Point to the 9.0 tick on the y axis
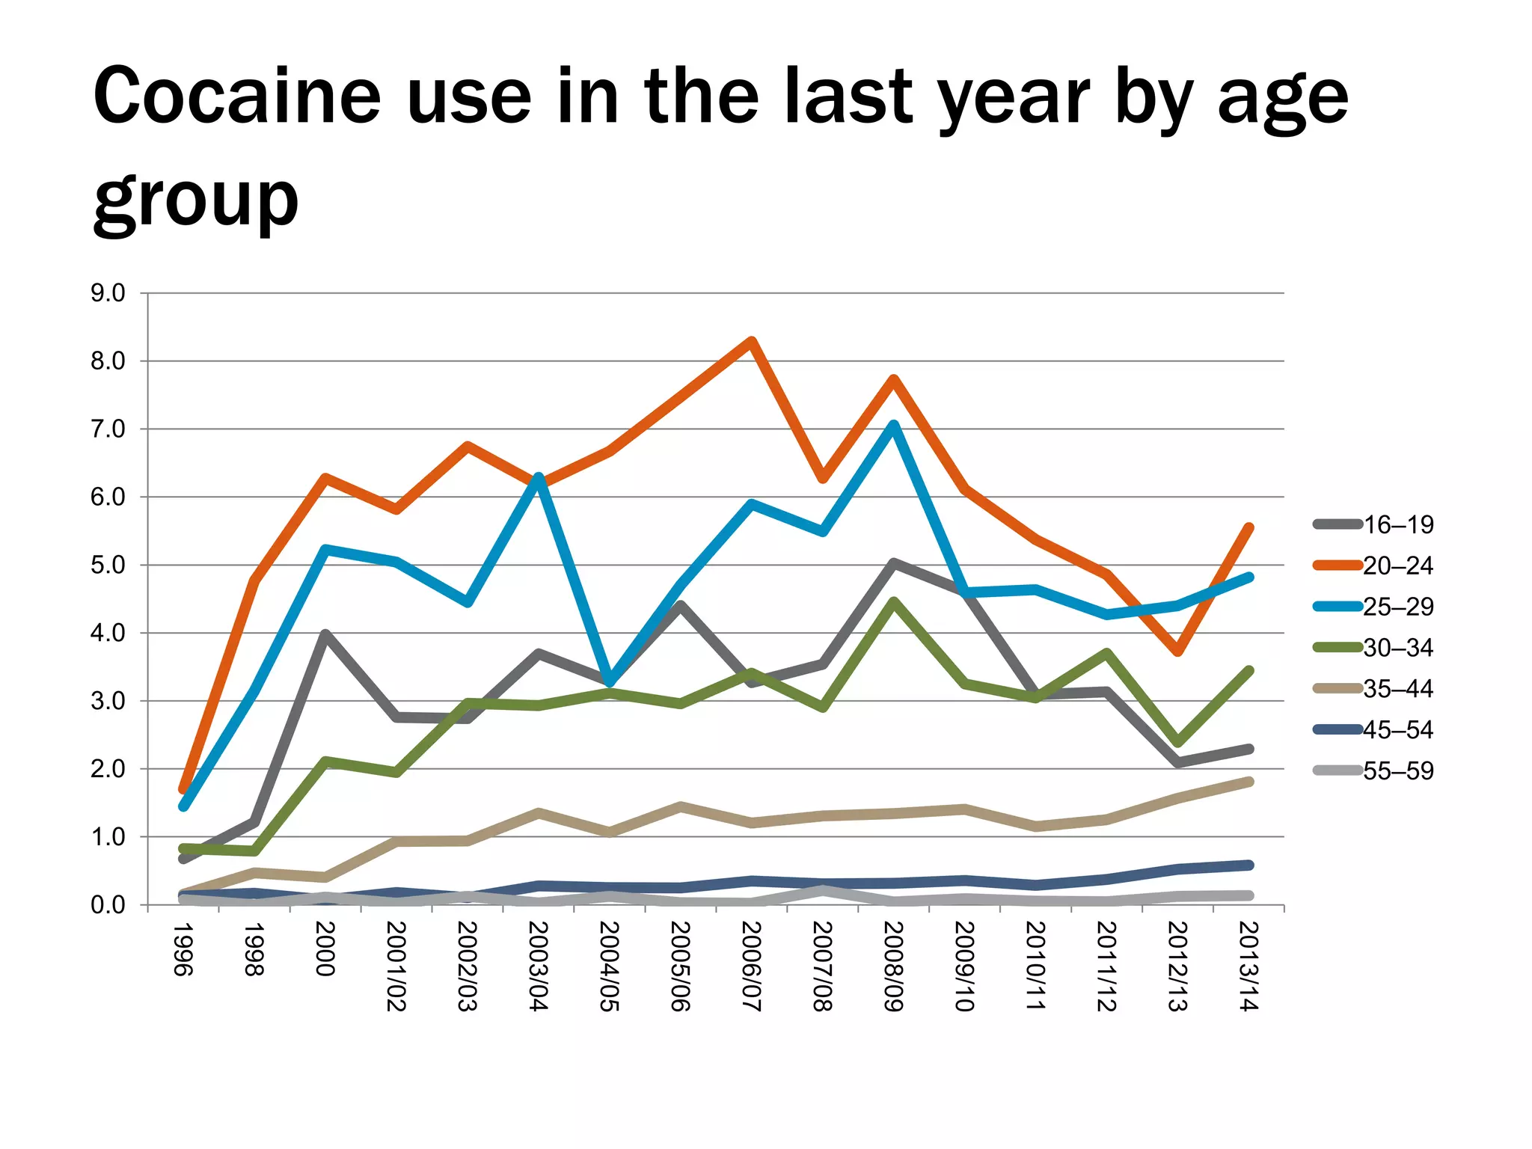[x=108, y=293]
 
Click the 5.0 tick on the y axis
[x=108, y=566]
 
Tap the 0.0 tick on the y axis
[x=108, y=905]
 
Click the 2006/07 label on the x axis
[x=751, y=966]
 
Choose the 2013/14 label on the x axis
[x=1248, y=966]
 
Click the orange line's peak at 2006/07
[x=752, y=341]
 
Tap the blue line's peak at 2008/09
[x=894, y=425]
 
